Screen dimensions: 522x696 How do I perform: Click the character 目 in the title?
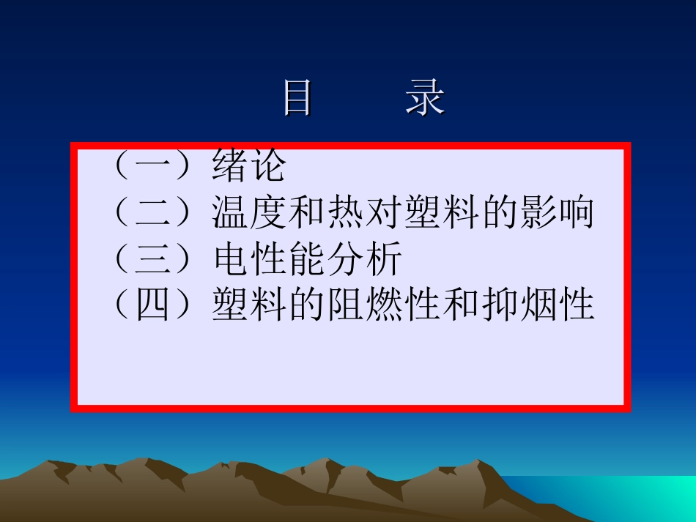point(298,98)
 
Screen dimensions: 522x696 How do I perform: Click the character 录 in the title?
point(426,98)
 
